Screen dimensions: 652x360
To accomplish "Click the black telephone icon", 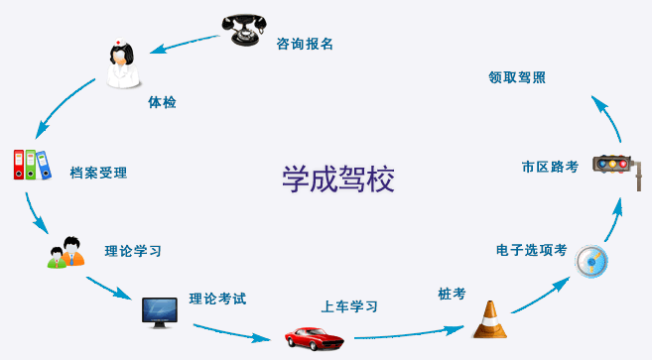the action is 244,29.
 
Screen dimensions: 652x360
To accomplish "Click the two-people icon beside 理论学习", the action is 65,252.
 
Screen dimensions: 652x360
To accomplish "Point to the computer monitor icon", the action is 159,312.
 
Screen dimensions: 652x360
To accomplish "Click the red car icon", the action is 314,336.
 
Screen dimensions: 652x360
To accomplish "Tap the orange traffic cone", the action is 488,319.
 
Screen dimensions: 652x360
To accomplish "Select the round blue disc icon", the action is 591,261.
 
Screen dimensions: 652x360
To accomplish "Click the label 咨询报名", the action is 305,44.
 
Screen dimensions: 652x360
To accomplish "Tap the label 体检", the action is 162,102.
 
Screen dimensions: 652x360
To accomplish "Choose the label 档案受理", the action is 98,173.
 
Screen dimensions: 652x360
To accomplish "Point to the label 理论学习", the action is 133,251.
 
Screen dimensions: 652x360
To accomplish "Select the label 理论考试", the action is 217,298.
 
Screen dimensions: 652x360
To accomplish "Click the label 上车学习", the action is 349,306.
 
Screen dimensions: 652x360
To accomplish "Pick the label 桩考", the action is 452,294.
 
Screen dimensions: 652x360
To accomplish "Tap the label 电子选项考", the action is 532,250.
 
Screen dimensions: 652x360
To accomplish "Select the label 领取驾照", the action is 517,77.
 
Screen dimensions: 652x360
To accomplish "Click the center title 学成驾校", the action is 338,179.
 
